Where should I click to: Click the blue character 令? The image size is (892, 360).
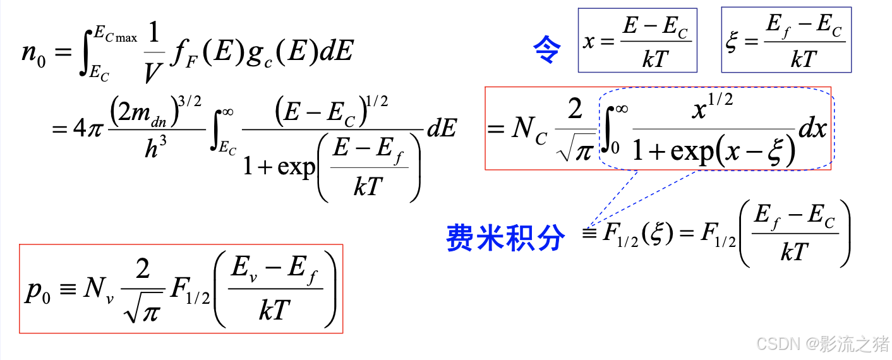click(x=547, y=50)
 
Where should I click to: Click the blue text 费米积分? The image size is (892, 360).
click(x=505, y=238)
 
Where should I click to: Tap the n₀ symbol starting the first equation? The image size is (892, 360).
click(x=33, y=53)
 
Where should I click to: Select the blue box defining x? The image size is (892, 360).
click(x=637, y=40)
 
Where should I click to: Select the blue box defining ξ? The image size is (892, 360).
click(x=787, y=40)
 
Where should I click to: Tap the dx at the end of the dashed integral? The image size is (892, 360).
click(x=813, y=129)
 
